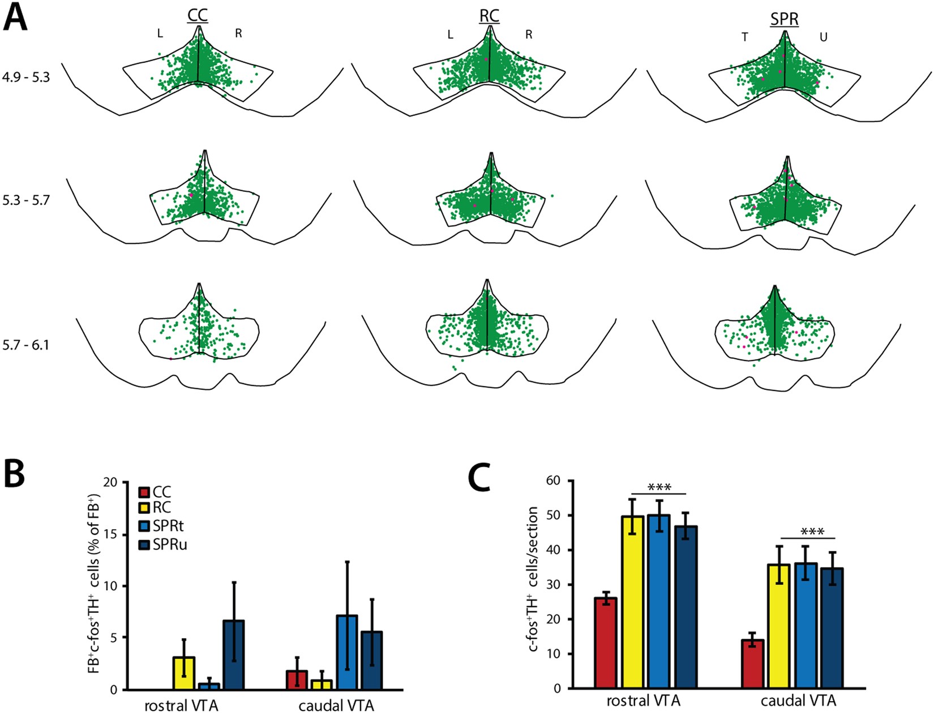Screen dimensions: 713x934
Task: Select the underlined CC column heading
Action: pyautogui.click(x=198, y=16)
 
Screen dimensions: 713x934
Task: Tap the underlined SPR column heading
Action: pyautogui.click(x=784, y=19)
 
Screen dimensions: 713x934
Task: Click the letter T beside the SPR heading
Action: pyautogui.click(x=745, y=37)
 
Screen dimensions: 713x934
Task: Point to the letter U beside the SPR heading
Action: pyautogui.click(x=824, y=37)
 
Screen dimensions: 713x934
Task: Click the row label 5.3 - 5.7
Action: pyautogui.click(x=26, y=200)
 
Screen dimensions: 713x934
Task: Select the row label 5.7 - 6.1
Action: pyautogui.click(x=26, y=345)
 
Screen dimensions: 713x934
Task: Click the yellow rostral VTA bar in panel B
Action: pyautogui.click(x=184, y=673)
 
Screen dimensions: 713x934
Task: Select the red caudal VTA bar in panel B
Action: pyautogui.click(x=297, y=680)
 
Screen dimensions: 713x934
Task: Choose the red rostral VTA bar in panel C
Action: pyautogui.click(x=605, y=643)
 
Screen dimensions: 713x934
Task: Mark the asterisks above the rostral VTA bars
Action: pyautogui.click(x=659, y=487)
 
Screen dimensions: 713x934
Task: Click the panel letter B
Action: pyautogui.click(x=15, y=474)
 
